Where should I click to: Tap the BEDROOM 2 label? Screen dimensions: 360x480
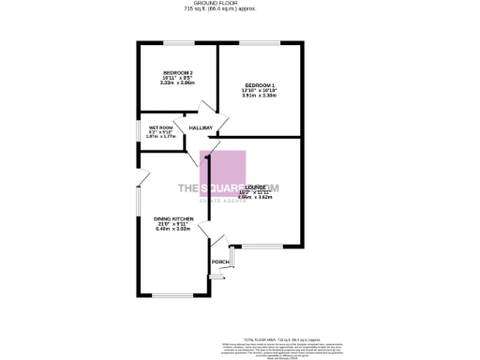coord(177,73)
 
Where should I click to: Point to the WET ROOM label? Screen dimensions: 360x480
coord(160,127)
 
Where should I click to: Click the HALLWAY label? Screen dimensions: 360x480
coord(202,127)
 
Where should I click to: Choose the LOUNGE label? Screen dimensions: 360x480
coord(255,186)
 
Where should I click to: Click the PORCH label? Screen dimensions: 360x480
coord(219,262)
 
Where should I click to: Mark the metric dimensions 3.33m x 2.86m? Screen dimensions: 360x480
coord(177,84)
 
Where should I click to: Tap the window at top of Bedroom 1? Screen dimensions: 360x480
coord(262,43)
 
